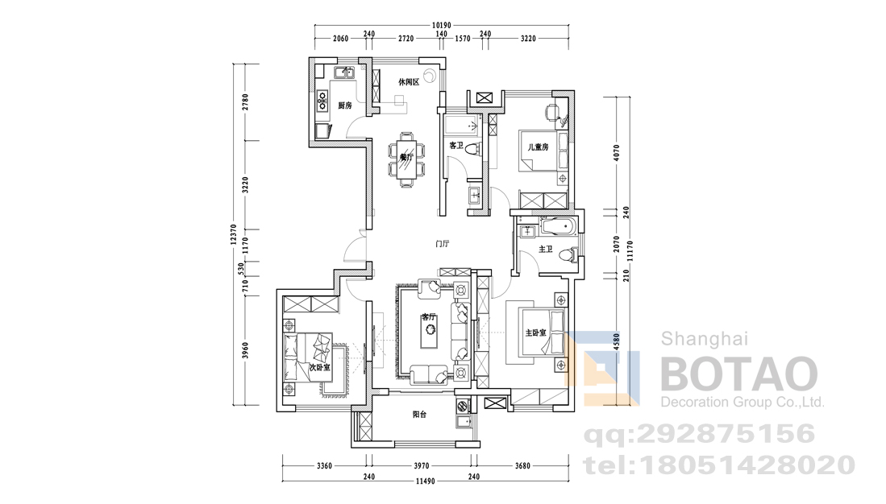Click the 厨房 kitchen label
(345, 105)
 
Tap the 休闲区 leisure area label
(409, 82)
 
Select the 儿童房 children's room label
(538, 147)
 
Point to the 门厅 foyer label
(442, 244)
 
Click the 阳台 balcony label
(419, 415)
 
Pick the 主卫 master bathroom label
(545, 249)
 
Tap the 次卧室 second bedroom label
(320, 367)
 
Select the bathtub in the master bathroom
(558, 227)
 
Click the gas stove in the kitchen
(322, 100)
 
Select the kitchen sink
(343, 72)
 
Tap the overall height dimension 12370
(233, 234)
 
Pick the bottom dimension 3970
(421, 466)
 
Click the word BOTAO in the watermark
(739, 374)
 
